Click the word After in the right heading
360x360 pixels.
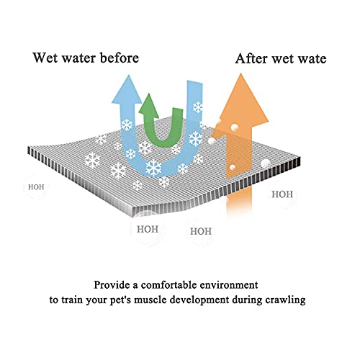(x=251, y=58)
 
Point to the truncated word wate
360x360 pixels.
(x=312, y=59)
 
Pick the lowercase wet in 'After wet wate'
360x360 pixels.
(x=282, y=59)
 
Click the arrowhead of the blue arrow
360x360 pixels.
(x=127, y=89)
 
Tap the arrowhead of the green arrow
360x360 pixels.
(x=148, y=106)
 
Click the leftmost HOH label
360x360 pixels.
(x=36, y=187)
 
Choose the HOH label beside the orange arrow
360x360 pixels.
(x=282, y=194)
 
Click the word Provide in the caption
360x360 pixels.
(x=112, y=285)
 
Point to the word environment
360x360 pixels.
(x=229, y=285)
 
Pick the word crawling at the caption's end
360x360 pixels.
(x=285, y=300)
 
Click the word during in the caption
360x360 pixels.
(x=247, y=300)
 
